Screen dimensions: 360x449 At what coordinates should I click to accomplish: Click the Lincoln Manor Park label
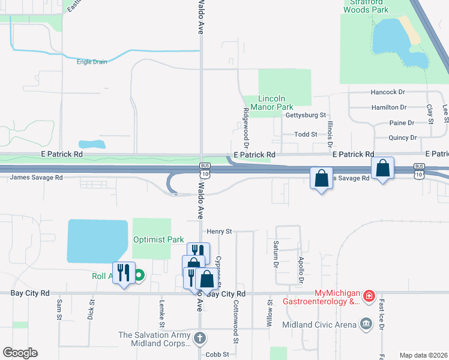pyautogui.click(x=276, y=103)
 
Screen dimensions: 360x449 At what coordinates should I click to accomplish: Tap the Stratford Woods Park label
pyautogui.click(x=366, y=6)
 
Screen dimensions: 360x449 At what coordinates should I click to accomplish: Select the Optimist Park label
pyautogui.click(x=158, y=239)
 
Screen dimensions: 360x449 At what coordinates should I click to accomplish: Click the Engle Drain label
pyautogui.click(x=92, y=61)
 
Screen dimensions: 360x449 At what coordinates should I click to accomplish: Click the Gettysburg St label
pyautogui.click(x=306, y=115)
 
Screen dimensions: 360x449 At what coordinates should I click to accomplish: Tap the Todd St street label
pyautogui.click(x=305, y=134)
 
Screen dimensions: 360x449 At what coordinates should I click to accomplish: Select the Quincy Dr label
pyautogui.click(x=402, y=137)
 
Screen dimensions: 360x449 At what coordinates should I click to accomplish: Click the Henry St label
pyautogui.click(x=219, y=231)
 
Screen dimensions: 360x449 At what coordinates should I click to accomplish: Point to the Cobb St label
pyautogui.click(x=217, y=354)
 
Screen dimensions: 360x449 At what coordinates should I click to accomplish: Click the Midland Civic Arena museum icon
pyautogui.click(x=365, y=325)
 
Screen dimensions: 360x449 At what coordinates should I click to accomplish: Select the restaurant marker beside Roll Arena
pyautogui.click(x=124, y=273)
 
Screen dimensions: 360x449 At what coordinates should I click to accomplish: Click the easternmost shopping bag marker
pyautogui.click(x=383, y=169)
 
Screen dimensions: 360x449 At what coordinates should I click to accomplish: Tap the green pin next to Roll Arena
pyautogui.click(x=139, y=277)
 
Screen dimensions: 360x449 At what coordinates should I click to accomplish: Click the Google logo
pyautogui.click(x=20, y=353)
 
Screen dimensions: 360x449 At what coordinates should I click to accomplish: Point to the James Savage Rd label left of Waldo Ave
pyautogui.click(x=36, y=178)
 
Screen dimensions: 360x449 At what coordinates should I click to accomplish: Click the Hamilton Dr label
pyautogui.click(x=389, y=107)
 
